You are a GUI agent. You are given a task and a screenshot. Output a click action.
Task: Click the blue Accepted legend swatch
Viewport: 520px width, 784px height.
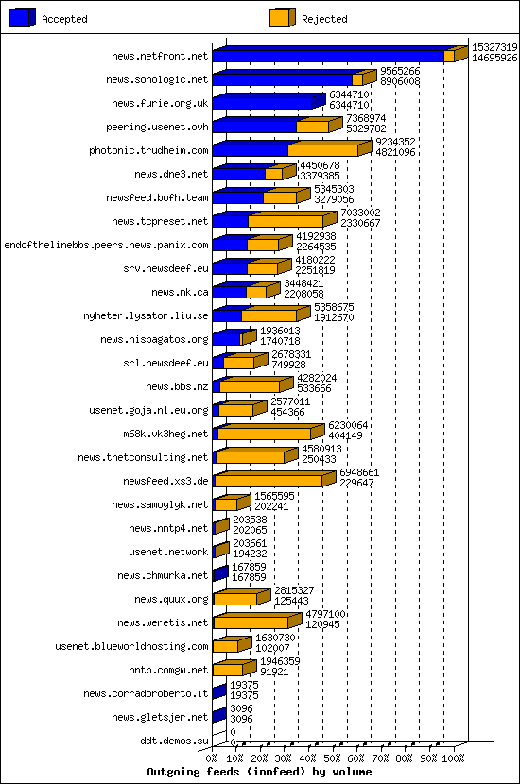[x=22, y=18]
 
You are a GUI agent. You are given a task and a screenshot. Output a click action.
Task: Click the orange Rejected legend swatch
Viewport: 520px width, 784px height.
[x=282, y=18]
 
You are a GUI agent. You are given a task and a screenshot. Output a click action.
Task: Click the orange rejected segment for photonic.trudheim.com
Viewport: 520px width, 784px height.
[x=322, y=150]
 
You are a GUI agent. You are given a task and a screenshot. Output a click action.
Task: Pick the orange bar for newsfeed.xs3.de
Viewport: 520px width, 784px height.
[x=269, y=481]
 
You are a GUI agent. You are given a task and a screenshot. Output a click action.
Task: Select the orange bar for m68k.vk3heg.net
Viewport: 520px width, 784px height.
[x=266, y=434]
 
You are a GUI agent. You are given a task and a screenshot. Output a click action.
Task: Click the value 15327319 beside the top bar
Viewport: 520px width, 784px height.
[x=494, y=47]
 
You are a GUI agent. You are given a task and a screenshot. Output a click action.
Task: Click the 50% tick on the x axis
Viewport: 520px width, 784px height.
[x=333, y=758]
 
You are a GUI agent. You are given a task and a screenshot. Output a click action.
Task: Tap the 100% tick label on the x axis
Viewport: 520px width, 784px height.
[x=455, y=758]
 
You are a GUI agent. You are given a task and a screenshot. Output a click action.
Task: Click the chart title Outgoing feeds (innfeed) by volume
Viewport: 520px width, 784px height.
[x=259, y=772]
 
